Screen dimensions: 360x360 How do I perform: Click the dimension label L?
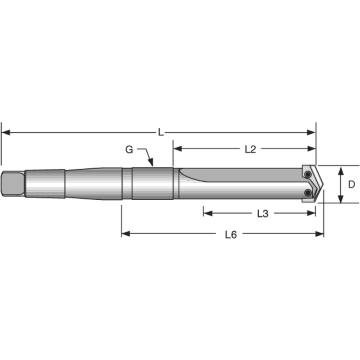[x=161, y=132]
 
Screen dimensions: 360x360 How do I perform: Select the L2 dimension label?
[x=250, y=149]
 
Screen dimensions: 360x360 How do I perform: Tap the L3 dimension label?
[x=262, y=213]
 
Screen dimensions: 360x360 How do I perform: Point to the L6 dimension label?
[x=231, y=234]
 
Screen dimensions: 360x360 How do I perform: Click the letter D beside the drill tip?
[x=352, y=184]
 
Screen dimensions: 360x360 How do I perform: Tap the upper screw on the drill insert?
[x=308, y=174]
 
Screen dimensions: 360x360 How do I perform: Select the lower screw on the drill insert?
[x=308, y=193]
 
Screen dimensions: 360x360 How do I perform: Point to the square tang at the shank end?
[x=13, y=184]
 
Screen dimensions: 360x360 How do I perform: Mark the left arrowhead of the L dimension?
[x=4, y=132]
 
